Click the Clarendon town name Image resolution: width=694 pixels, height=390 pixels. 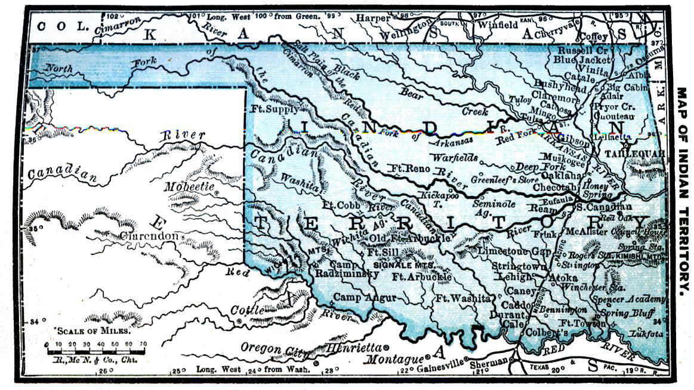click(x=149, y=236)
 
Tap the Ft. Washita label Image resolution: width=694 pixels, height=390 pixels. click(x=463, y=297)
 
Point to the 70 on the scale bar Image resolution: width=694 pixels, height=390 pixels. click(x=143, y=344)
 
